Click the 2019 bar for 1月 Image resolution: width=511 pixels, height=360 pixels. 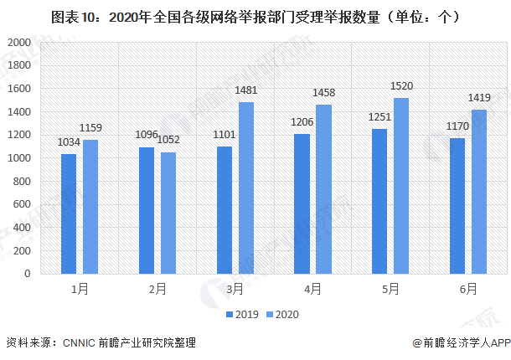pyautogui.click(x=69, y=213)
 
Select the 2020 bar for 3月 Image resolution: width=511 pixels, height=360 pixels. pyautogui.click(x=246, y=188)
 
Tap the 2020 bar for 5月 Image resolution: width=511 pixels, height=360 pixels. pyautogui.click(x=401, y=185)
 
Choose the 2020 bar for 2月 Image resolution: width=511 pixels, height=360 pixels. pyautogui.click(x=168, y=213)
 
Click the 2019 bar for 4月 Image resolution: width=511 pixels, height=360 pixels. pyautogui.click(x=302, y=203)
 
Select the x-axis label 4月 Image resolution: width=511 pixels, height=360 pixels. pyautogui.click(x=313, y=289)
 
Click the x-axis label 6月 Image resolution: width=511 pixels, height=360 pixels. pyautogui.click(x=468, y=289)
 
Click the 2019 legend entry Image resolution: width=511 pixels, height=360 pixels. pyautogui.click(x=241, y=315)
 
